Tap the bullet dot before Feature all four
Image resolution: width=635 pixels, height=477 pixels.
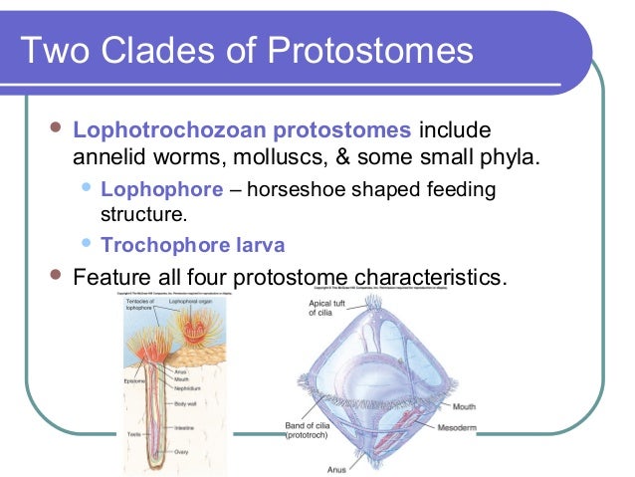[x=55, y=274]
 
